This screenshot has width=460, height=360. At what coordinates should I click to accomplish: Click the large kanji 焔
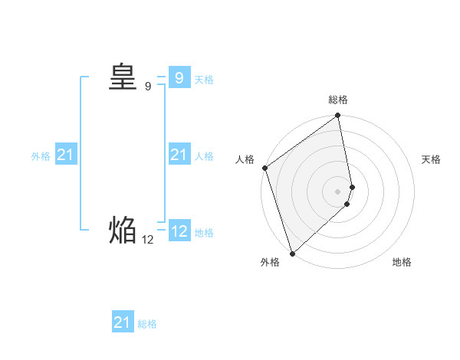122,230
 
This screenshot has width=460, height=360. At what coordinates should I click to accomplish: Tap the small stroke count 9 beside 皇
148,87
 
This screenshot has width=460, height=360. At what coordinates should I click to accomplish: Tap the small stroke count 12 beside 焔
148,240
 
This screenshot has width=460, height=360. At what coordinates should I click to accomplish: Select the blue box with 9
179,78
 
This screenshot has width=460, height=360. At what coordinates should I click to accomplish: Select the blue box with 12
179,231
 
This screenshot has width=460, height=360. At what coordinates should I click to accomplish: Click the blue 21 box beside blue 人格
179,155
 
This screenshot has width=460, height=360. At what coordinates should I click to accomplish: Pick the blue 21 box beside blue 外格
65,155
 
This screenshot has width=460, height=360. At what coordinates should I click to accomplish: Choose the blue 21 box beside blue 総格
123,322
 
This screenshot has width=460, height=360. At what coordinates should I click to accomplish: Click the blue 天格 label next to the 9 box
204,80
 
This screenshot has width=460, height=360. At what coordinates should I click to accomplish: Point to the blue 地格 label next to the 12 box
204,233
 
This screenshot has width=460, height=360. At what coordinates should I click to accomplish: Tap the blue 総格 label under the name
147,324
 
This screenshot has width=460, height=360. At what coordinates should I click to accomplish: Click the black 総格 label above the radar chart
338,100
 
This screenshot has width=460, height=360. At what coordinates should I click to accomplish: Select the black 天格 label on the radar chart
431,159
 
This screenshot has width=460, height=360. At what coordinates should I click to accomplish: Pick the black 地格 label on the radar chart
402,262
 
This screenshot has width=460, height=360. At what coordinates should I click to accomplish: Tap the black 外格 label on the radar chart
270,262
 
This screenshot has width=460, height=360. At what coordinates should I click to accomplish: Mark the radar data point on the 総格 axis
338,116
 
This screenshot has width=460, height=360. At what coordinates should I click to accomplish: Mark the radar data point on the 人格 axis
264,169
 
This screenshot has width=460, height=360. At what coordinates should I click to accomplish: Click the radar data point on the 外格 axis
292,254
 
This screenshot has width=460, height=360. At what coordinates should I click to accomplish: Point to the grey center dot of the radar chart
338,191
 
